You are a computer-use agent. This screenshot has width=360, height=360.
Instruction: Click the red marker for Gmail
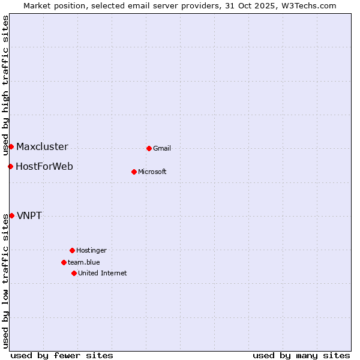[149, 148]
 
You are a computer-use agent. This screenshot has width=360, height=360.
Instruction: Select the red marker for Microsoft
[134, 172]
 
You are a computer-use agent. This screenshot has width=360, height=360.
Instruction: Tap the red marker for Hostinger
[72, 250]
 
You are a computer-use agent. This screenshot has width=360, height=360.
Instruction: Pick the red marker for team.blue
[64, 262]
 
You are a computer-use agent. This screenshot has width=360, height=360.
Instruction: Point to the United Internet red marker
[74, 273]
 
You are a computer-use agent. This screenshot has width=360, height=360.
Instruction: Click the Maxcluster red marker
[11, 146]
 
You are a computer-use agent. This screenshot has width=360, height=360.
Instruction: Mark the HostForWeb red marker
[10, 166]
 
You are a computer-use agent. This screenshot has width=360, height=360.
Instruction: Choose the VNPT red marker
[11, 215]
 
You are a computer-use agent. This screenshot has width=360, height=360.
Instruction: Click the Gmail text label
[162, 149]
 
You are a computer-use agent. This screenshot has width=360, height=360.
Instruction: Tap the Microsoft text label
[152, 172]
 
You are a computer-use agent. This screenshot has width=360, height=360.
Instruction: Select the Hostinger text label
[91, 251]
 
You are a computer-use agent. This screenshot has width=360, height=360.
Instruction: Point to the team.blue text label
[84, 263]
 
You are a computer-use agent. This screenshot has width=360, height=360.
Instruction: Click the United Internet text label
[103, 274]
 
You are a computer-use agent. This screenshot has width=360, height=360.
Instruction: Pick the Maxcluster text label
[42, 147]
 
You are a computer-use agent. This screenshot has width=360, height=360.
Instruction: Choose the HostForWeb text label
[44, 167]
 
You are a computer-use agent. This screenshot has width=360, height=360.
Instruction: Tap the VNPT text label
[29, 216]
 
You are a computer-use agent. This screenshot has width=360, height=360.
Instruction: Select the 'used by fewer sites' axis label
[62, 355]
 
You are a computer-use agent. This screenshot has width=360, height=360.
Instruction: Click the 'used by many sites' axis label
[301, 355]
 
